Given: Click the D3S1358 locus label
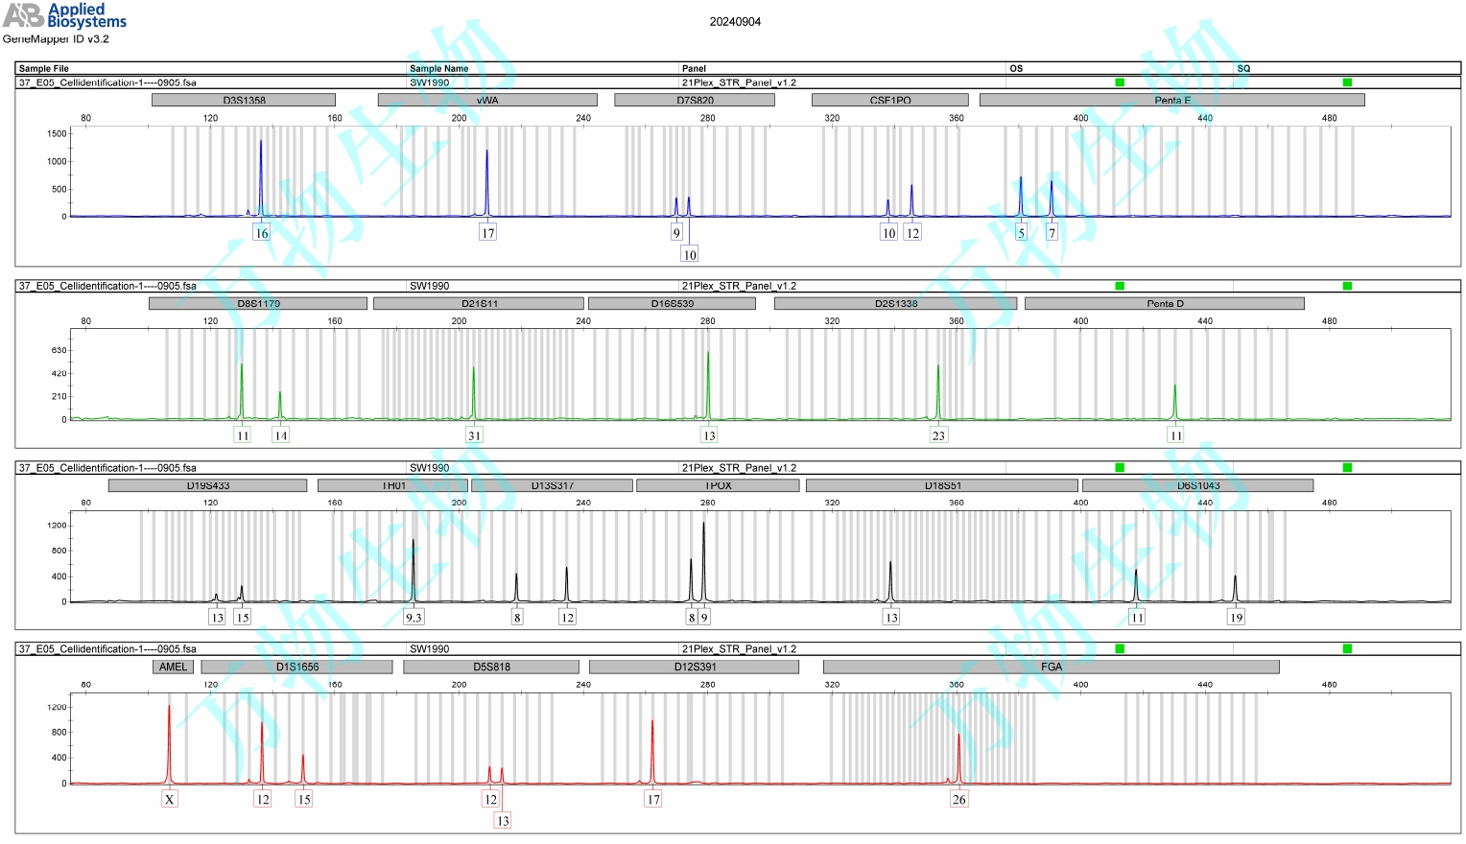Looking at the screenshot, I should (x=244, y=100).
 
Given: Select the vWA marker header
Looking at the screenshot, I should (x=487, y=100).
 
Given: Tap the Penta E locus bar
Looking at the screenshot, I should (x=1171, y=100).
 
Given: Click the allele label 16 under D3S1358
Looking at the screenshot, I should (x=261, y=233).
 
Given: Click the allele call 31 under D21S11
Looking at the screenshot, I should (x=474, y=435).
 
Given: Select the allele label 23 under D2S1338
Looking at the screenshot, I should (x=938, y=435).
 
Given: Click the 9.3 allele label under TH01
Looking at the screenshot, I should (x=414, y=618).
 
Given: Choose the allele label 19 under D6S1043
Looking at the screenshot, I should (x=1236, y=618).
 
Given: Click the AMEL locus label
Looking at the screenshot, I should (x=173, y=667).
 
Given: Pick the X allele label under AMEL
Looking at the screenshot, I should (x=169, y=800).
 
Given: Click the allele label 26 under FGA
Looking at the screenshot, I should (x=958, y=800).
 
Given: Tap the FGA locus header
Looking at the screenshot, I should (x=1051, y=667).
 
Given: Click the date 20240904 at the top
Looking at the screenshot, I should (x=735, y=22).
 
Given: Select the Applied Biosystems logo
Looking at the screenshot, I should (x=64, y=15).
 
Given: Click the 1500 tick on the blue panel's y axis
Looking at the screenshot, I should (x=57, y=133).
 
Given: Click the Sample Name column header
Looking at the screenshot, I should (x=438, y=68).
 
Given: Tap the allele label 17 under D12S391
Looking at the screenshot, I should (x=652, y=800).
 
